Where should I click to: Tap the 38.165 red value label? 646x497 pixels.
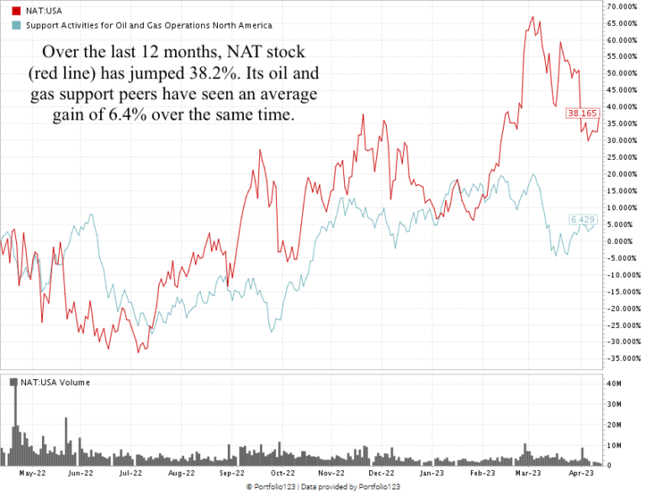pyautogui.click(x=582, y=113)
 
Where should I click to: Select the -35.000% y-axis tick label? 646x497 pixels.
pyautogui.click(x=622, y=358)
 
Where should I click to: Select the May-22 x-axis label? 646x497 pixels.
pyautogui.click(x=31, y=473)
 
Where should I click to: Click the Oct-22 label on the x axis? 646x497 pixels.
pyautogui.click(x=282, y=473)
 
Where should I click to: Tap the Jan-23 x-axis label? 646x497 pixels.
pyautogui.click(x=432, y=473)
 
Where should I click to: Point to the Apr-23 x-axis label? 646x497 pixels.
pyautogui.click(x=581, y=473)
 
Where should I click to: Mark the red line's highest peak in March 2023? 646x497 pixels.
pyautogui.click(x=532, y=17)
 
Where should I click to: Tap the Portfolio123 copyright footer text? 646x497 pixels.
pyautogui.click(x=323, y=487)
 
